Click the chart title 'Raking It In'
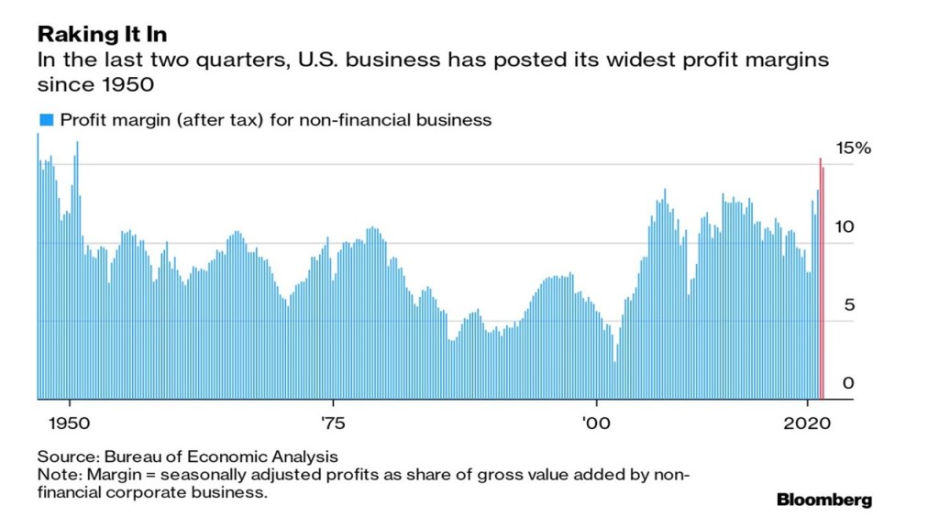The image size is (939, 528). (x=101, y=35)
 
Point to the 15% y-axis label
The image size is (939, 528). (x=854, y=148)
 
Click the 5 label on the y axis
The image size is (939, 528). (x=848, y=304)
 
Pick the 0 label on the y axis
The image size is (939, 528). (x=848, y=382)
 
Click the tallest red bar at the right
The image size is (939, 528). (x=820, y=275)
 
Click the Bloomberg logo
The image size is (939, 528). (x=824, y=500)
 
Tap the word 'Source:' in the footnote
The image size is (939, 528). (x=68, y=456)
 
